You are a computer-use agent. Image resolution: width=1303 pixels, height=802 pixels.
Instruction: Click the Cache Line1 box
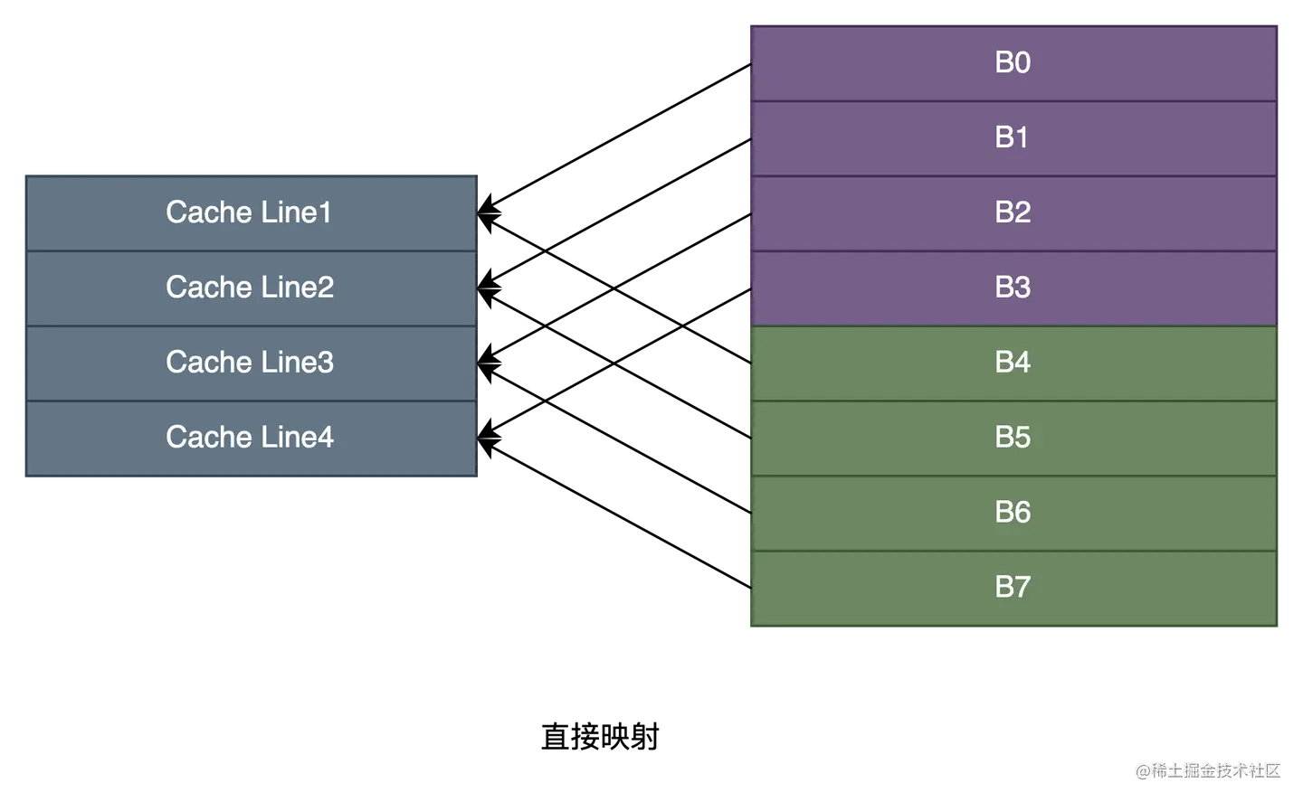point(250,212)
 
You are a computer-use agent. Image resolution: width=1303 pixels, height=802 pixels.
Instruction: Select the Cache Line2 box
point(250,288)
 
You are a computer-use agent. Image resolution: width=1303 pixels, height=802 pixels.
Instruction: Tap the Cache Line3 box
point(250,363)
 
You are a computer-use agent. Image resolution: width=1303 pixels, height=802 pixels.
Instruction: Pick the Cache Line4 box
point(250,438)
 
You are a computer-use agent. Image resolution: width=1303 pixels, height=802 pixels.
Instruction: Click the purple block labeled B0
point(1013,62)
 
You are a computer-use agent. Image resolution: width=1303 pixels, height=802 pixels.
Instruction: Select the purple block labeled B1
point(1013,137)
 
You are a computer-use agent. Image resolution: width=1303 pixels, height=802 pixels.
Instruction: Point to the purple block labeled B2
point(1013,212)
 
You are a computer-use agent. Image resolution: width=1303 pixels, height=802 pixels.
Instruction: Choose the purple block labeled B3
point(1013,288)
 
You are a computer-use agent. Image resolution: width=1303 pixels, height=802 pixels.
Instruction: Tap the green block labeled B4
point(1013,363)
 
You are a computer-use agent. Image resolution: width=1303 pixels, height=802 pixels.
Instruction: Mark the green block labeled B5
point(1013,438)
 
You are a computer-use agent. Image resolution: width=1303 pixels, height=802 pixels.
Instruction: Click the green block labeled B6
point(1013,513)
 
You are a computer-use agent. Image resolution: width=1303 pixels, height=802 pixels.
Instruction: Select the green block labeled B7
point(1013,588)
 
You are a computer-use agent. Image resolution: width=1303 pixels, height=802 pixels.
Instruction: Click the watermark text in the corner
point(1206,769)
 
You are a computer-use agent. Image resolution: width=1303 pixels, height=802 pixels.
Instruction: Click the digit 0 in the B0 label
point(1022,62)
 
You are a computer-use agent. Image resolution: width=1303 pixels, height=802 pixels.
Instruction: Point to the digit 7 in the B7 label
point(1022,588)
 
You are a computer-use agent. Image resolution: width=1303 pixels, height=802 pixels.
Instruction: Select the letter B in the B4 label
point(1003,363)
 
